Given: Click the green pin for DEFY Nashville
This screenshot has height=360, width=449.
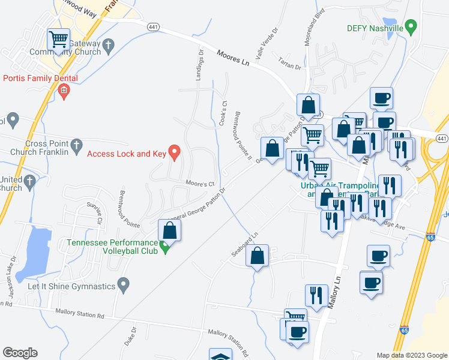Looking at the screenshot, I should coord(411,27).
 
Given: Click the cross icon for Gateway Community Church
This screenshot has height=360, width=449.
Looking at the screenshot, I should coord(109,44).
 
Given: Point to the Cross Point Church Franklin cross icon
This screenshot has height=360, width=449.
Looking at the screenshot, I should coord(76,145).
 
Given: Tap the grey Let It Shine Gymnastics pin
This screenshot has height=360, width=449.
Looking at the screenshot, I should coord(124,284).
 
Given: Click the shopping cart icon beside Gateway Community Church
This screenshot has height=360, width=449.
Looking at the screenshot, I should coord(59,40).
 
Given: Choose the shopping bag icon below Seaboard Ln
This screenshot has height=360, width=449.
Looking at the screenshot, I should coord(258,256).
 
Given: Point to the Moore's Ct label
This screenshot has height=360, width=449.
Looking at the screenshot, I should coord(200,184).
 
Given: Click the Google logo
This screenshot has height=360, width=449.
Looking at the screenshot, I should coord(20,353).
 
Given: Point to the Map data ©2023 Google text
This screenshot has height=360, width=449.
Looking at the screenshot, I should coord(411,355).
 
